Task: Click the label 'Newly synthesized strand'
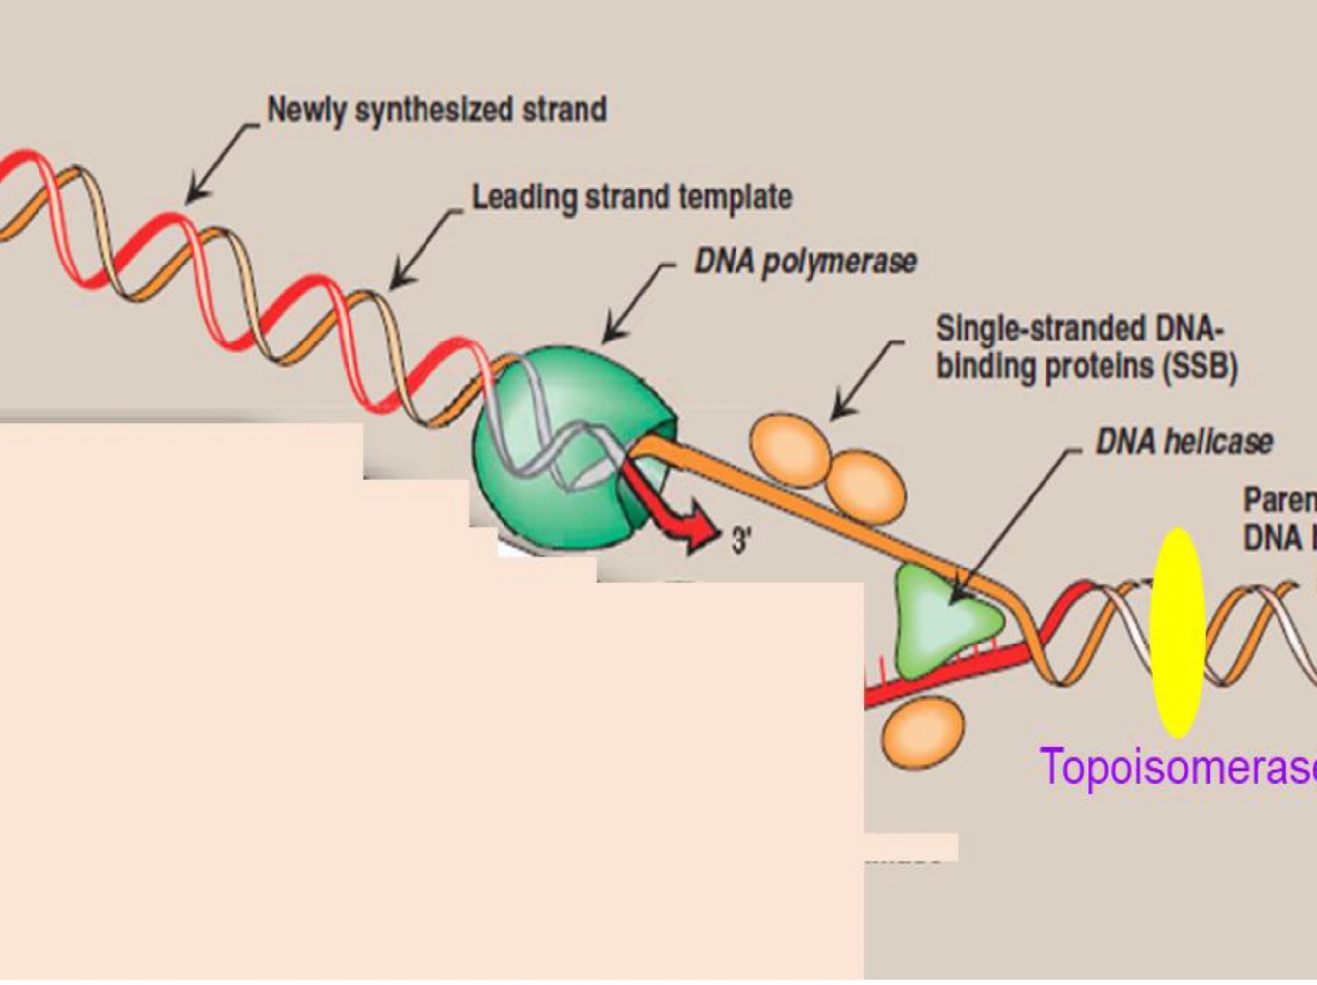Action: [436, 110]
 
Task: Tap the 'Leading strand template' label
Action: [632, 196]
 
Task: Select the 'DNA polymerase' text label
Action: [806, 262]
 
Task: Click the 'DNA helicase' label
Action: [1184, 441]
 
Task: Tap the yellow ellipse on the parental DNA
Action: [1178, 633]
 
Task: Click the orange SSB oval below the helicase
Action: [922, 731]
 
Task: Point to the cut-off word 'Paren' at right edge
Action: [1279, 500]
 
